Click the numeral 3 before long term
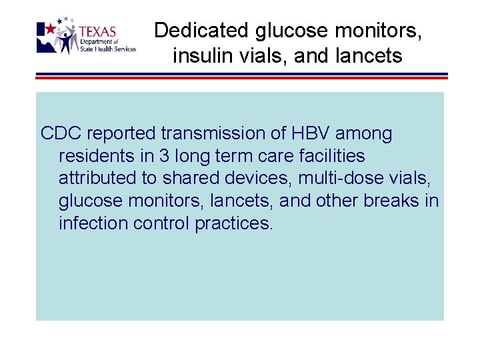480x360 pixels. tap(163, 156)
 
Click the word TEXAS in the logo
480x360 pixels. tap(97, 32)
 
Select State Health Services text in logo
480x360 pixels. tap(107, 49)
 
